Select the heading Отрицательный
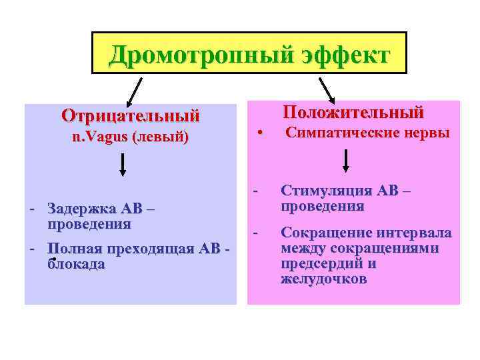click(x=131, y=115)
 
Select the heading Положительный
click(x=353, y=111)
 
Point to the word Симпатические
click(x=335, y=133)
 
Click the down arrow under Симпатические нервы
click(x=346, y=160)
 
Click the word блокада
click(x=76, y=264)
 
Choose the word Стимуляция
click(x=326, y=191)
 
